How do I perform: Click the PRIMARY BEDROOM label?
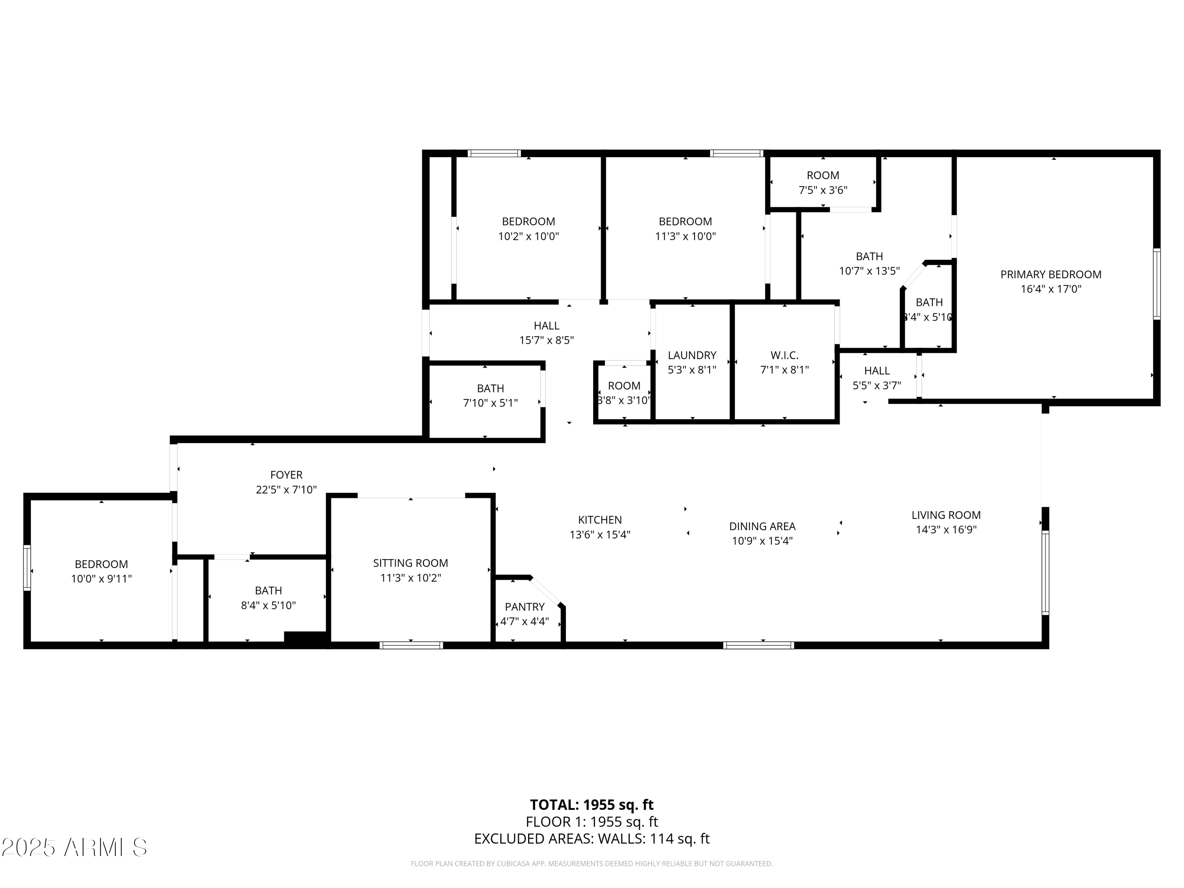[x=1050, y=275]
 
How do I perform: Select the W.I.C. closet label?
[x=784, y=356]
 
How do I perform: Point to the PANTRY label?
[x=524, y=607]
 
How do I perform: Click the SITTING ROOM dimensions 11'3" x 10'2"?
[x=410, y=578]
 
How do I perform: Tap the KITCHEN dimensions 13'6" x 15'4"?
[x=599, y=535]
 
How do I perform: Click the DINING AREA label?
[x=762, y=526]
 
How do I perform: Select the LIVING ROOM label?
[x=946, y=515]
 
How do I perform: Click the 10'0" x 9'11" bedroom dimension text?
[x=101, y=579]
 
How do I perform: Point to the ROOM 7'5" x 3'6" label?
[x=823, y=176]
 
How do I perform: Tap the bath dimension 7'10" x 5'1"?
[x=490, y=403]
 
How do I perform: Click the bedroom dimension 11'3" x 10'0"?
[x=685, y=236]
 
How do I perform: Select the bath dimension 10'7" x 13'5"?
[x=869, y=271]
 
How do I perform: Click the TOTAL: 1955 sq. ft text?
[x=592, y=805]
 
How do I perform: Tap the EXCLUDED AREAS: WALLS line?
[x=592, y=839]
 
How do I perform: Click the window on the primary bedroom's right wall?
[x=1156, y=284]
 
